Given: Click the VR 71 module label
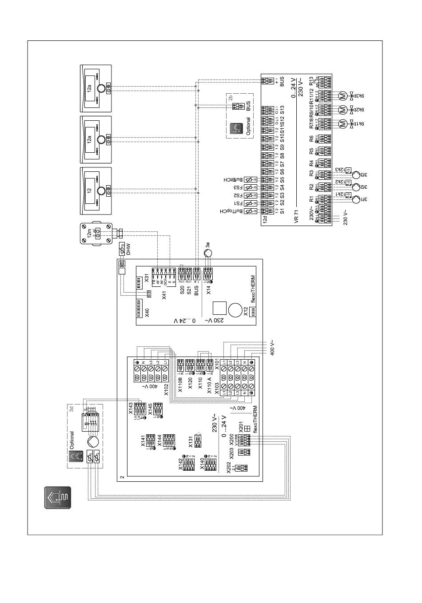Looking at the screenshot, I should coord(296,218).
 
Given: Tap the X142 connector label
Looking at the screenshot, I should coord(180,463).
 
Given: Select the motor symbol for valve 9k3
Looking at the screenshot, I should coord(342,95).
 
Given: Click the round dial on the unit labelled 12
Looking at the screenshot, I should coord(102,191).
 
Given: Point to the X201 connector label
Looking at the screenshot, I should coord(241,428).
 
